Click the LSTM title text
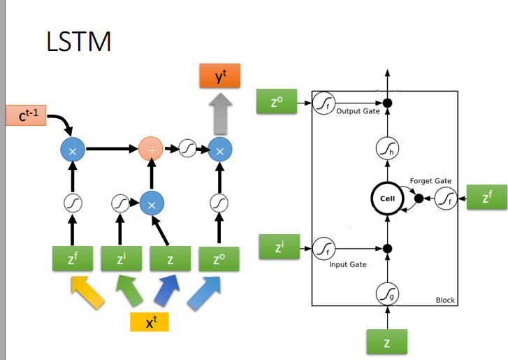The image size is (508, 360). tap(78, 42)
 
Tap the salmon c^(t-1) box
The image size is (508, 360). tap(27, 115)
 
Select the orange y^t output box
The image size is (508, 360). tap(219, 76)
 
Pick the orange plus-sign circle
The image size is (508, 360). tap(150, 149)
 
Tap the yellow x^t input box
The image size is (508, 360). tap(150, 322)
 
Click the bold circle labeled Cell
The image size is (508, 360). tap(387, 199)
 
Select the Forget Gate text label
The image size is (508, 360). tap(430, 181)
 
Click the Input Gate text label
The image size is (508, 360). tap(347, 265)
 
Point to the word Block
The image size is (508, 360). tap(444, 300)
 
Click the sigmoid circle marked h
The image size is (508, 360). tap(387, 147)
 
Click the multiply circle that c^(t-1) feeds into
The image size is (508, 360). tap(72, 150)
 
